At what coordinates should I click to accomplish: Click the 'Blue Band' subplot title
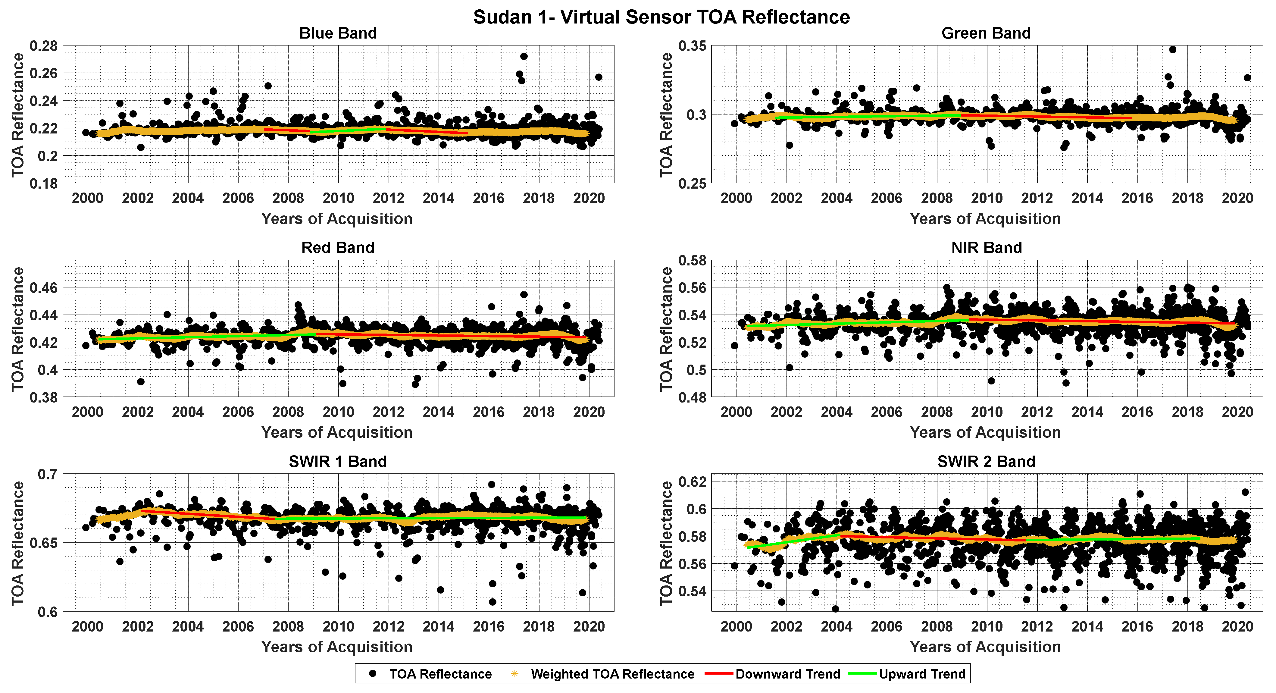coord(338,33)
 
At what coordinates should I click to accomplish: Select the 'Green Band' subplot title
coord(986,33)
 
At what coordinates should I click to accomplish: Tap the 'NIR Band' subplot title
coord(986,248)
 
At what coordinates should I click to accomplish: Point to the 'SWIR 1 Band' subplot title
coord(337,462)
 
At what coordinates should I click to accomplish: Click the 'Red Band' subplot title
coord(338,248)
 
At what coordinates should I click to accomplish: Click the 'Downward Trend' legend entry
coord(788,674)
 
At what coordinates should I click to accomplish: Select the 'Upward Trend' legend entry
coord(922,674)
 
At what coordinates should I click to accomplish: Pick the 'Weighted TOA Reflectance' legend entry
coord(612,674)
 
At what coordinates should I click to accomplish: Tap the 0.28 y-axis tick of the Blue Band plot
coord(44,46)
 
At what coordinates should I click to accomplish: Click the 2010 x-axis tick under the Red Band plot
coord(338,412)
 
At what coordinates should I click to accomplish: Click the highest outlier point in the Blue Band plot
coord(524,56)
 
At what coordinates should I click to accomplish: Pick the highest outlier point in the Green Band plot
coord(1172,49)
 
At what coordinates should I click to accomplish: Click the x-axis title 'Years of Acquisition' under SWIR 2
coord(985,647)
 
